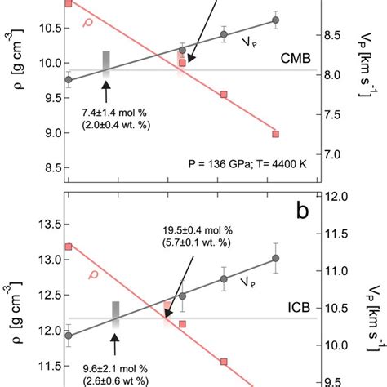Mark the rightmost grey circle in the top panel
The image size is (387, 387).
(275, 20)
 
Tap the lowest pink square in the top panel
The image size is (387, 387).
(275, 133)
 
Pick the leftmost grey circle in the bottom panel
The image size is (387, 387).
(69, 335)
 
